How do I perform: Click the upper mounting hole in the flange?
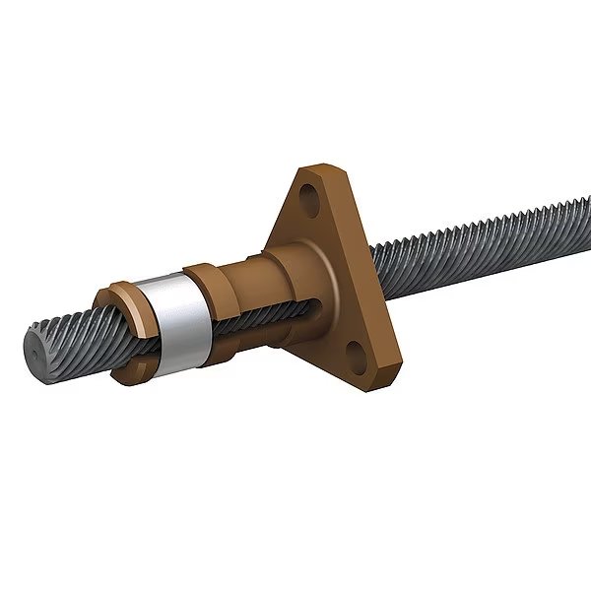[x=314, y=194]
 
